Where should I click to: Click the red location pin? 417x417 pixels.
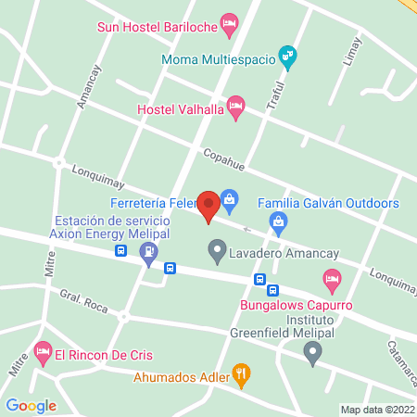(208, 206)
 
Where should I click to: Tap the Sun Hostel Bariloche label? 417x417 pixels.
(158, 27)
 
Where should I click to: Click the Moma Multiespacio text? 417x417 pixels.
(218, 59)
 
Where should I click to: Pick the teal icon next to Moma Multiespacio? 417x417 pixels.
(288, 56)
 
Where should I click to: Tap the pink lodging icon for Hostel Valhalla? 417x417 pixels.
(235, 106)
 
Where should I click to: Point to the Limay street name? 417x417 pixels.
(350, 53)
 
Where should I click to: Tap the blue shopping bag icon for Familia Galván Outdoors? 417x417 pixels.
(276, 221)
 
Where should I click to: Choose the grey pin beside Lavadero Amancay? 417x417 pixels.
(216, 250)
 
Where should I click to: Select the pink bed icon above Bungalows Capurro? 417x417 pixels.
(331, 278)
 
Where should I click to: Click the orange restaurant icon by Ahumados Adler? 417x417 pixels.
(240, 374)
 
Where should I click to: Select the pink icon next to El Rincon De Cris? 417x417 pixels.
(41, 352)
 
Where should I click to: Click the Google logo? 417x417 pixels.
(31, 405)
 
